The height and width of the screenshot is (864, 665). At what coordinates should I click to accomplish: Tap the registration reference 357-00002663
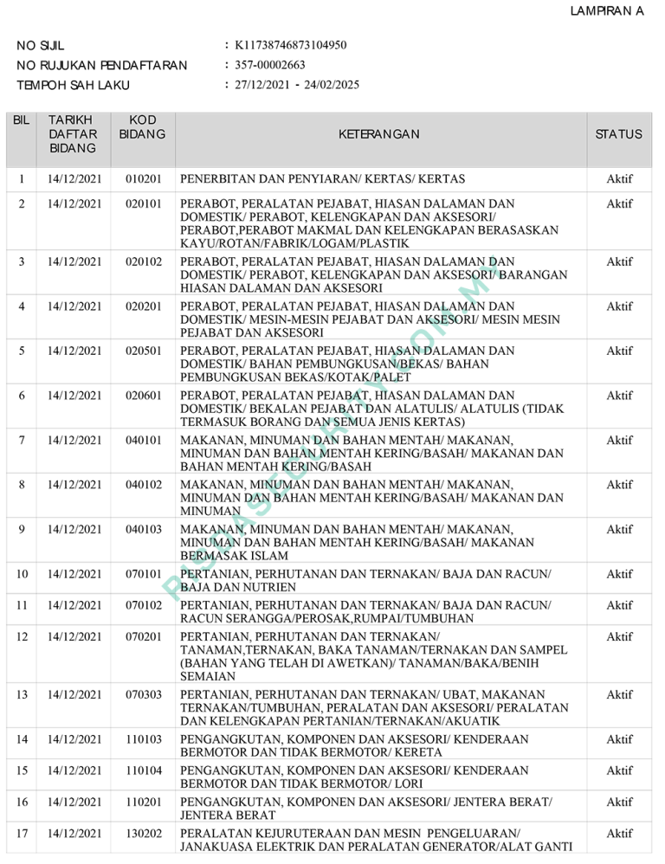pos(270,65)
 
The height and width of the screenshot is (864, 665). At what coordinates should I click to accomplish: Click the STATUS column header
pos(619,134)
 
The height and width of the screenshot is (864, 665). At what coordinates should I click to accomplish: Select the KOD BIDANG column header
pos(142,126)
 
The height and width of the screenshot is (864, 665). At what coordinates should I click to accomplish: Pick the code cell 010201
pos(143,179)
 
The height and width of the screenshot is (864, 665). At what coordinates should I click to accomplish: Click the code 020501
pos(143,351)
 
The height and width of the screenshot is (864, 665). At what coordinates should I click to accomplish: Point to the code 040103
pos(143,529)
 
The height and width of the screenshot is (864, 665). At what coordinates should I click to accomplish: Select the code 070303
pos(143,694)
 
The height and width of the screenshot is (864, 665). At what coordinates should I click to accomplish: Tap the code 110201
pos(143,803)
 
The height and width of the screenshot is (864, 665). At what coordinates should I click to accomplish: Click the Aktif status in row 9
pos(619,529)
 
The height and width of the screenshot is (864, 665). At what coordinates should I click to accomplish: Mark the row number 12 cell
pos(22,636)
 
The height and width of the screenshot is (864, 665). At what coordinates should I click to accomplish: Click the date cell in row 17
pos(74,833)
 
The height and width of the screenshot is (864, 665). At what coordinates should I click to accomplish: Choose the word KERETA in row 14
pos(418,752)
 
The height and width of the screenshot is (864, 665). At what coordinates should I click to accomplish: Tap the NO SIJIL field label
pos(41,45)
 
